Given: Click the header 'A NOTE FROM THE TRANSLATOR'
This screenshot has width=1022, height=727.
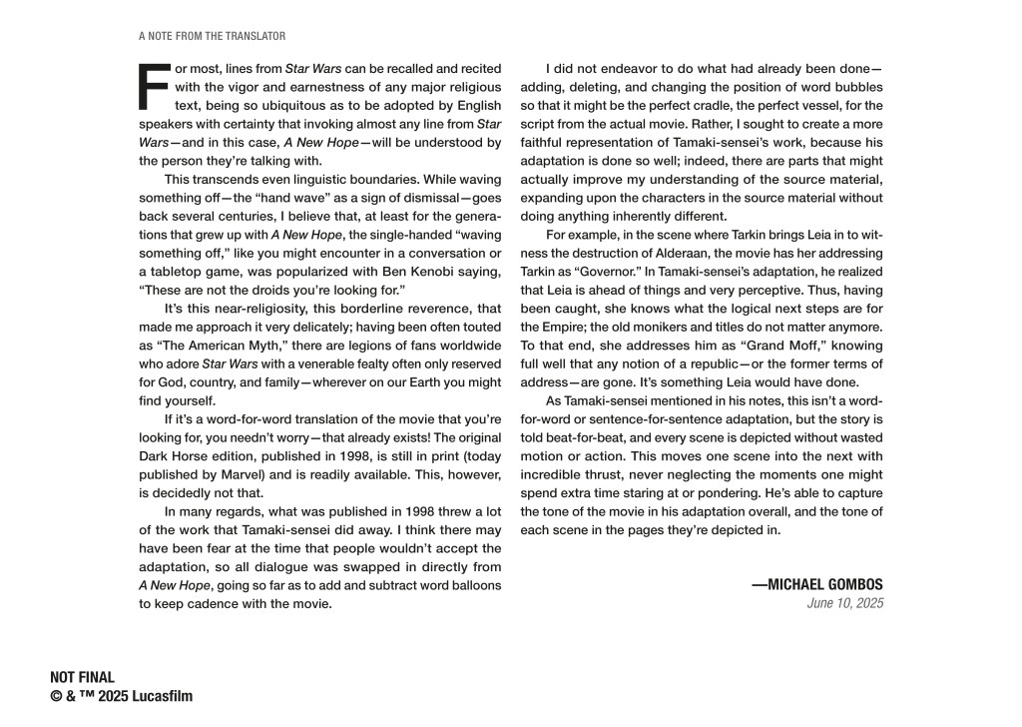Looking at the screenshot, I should click(213, 36).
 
